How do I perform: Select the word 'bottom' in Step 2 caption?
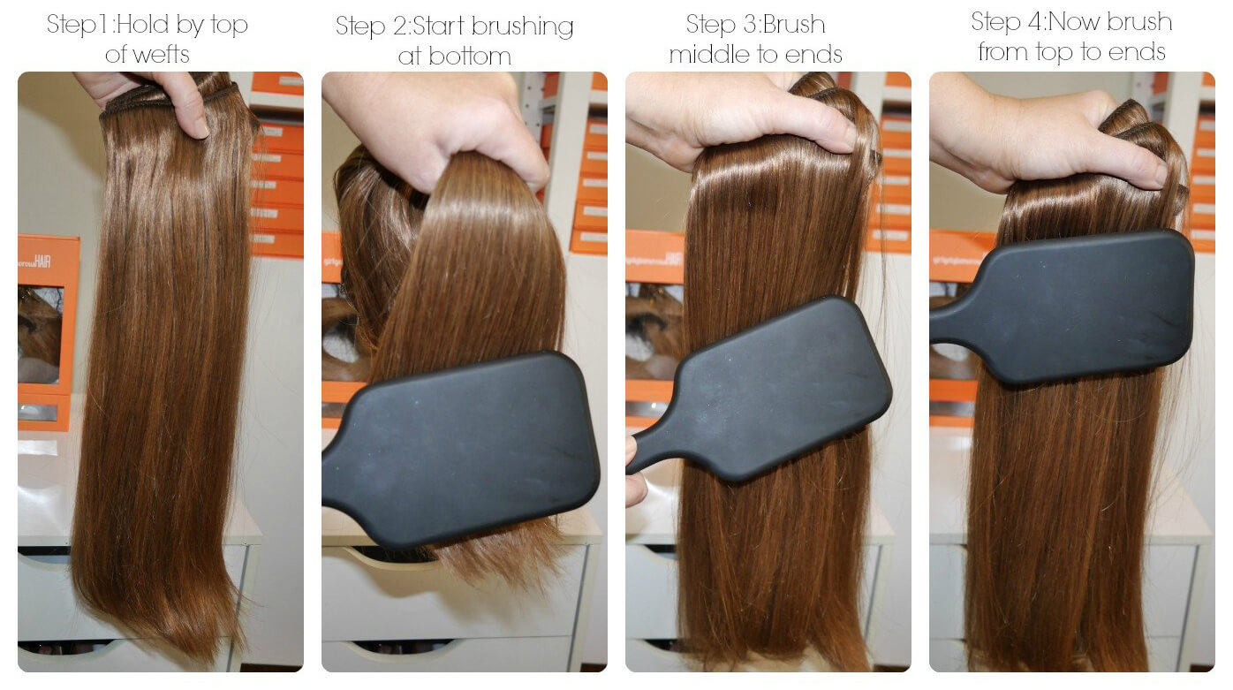click(x=478, y=57)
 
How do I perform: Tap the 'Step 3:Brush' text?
click(x=756, y=24)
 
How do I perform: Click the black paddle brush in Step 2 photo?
click(x=477, y=442)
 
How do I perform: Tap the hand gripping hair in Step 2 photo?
click(x=433, y=124)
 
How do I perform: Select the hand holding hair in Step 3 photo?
click(x=733, y=115)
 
